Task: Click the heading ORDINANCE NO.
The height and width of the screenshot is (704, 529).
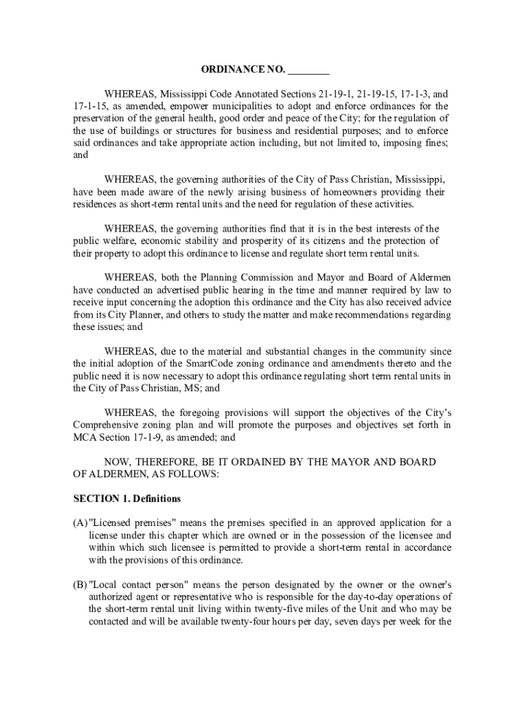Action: [243, 70]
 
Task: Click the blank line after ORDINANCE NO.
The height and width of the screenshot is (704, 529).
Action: [308, 70]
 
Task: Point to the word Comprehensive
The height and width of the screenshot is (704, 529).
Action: [106, 426]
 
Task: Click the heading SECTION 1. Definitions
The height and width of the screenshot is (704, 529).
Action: [127, 498]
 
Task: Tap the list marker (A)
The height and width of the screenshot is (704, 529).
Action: [80, 523]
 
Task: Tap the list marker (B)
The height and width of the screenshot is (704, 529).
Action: [80, 584]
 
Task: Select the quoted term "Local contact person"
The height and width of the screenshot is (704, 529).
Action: [137, 584]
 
